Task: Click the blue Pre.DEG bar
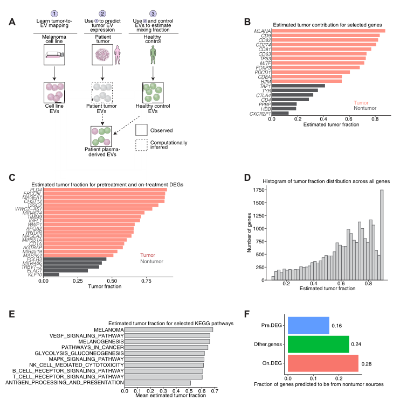(x=308, y=325)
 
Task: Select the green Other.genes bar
(x=318, y=344)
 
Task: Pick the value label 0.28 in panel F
(x=366, y=363)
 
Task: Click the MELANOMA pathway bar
(x=169, y=329)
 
